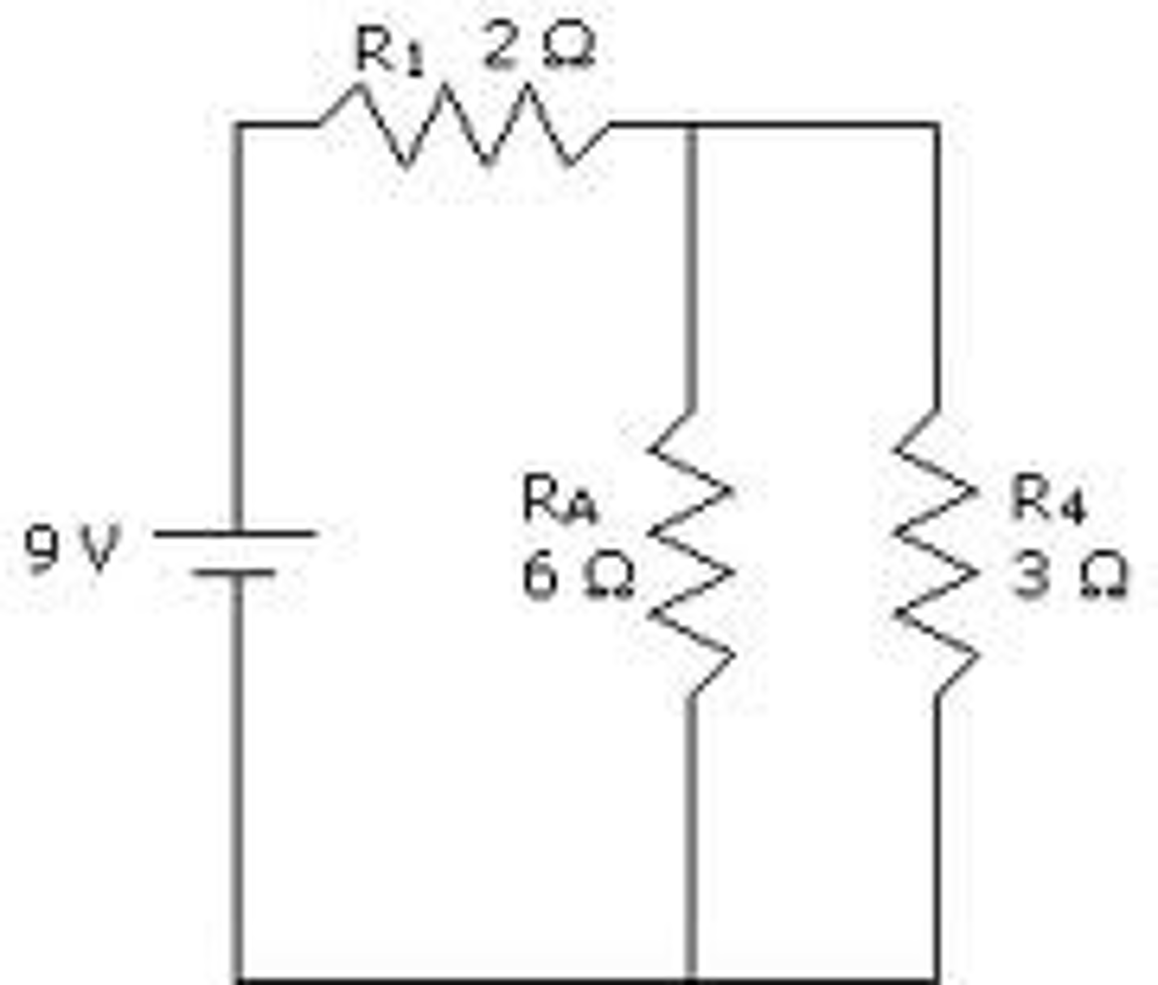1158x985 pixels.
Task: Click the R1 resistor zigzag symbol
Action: tap(464, 124)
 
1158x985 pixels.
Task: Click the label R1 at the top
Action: tap(388, 51)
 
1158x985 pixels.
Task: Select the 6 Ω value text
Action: tap(577, 577)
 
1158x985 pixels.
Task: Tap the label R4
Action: tap(1047, 501)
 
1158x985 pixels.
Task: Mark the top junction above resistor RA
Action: tap(690, 123)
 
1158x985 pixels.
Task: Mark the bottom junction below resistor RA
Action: tap(690, 979)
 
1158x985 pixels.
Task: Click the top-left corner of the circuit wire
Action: tap(239, 123)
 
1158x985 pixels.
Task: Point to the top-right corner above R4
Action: tap(937, 123)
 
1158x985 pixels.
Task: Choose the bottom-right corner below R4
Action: tap(937, 979)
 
